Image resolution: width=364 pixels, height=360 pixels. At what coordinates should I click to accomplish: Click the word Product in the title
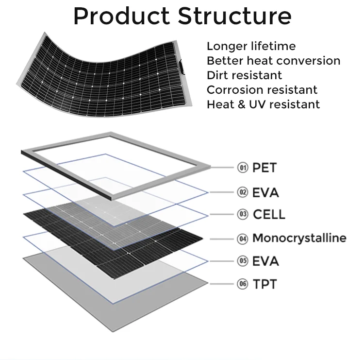122,16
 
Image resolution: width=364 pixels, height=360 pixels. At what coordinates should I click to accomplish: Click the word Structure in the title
234,16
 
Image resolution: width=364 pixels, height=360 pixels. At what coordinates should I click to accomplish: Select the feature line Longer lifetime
251,46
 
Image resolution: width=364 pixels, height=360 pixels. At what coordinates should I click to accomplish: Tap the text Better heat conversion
273,61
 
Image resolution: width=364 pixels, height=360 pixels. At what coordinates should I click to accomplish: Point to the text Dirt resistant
244,75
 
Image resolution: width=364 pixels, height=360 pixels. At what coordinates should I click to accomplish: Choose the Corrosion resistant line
262,90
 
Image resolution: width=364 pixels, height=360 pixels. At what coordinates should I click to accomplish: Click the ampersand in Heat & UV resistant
242,104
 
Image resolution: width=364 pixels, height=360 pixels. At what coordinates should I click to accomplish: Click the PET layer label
264,168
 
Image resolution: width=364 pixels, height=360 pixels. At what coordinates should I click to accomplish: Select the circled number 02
243,192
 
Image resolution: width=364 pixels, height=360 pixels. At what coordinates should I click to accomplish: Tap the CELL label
269,214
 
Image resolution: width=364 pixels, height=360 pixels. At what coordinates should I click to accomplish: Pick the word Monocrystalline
299,238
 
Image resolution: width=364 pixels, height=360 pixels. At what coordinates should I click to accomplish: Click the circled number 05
243,261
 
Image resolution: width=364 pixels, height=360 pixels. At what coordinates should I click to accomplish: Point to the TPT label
265,284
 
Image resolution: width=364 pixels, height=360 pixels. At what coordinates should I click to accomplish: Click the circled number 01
243,168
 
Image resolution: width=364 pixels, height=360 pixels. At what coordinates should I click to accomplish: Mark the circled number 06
243,284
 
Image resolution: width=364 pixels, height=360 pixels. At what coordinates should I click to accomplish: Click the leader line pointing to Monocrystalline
222,239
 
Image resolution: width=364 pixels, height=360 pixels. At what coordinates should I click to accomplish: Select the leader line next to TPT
222,284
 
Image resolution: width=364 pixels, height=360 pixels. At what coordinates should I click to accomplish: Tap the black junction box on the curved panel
182,67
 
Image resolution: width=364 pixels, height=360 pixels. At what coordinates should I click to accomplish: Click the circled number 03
243,214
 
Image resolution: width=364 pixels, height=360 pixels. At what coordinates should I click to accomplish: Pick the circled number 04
243,239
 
